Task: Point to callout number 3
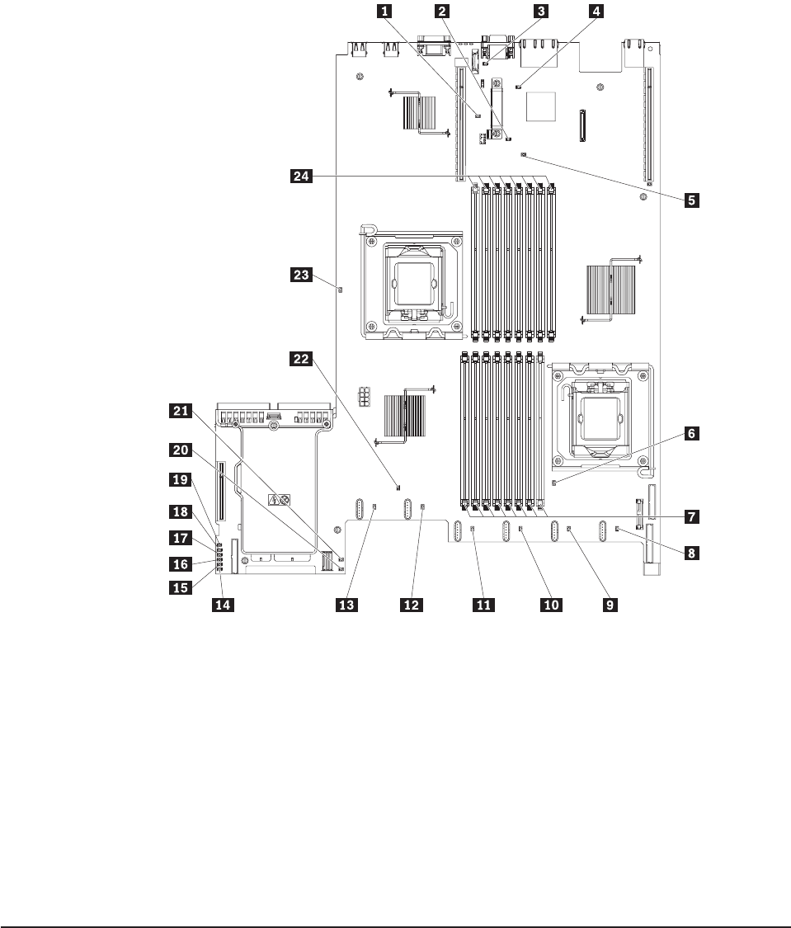click(541, 12)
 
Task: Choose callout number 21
click(179, 409)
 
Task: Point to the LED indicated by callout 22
click(398, 486)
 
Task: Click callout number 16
click(179, 564)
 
